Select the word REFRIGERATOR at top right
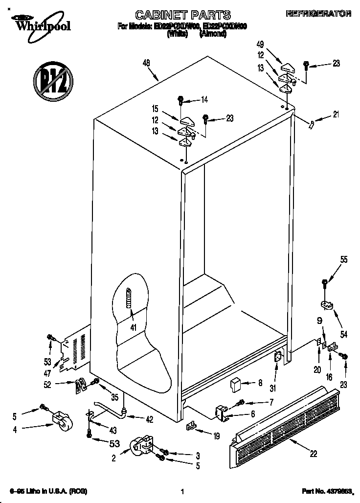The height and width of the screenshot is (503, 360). click(318, 14)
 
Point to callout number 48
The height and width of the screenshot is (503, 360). click(146, 62)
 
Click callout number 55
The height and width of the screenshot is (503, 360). click(344, 260)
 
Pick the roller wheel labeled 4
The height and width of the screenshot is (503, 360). click(60, 420)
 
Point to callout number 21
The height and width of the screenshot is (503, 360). click(336, 115)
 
